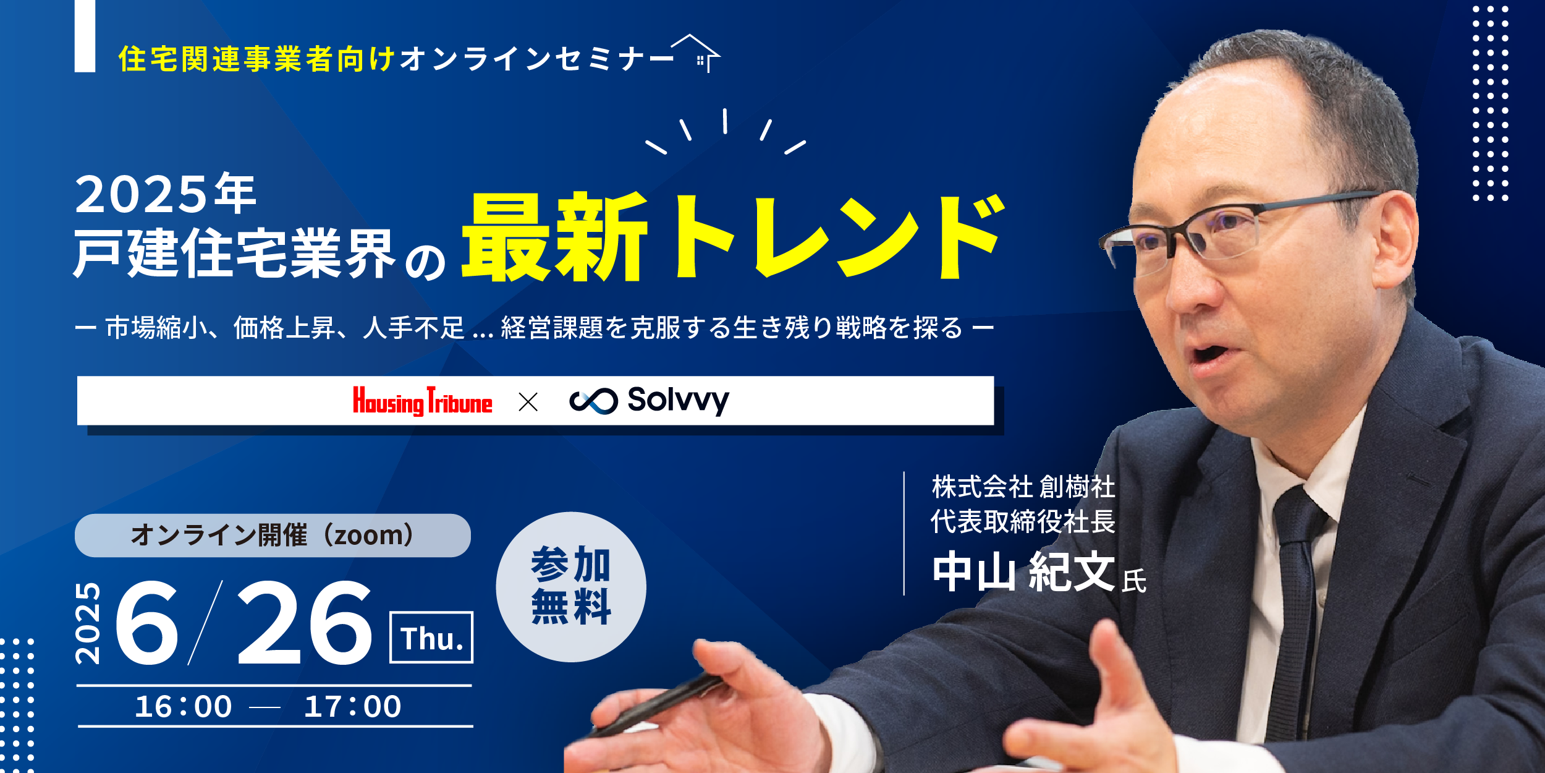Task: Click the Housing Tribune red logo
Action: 423,401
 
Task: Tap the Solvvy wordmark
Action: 679,401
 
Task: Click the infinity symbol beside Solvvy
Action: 593,401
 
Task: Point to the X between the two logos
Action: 528,402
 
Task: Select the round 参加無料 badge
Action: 571,587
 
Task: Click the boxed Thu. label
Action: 431,638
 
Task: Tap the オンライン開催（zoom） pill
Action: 273,536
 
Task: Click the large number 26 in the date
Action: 305,622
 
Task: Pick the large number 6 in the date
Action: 147,622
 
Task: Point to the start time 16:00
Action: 184,707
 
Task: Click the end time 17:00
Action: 353,707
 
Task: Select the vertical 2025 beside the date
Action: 88,623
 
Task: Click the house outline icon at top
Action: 697,53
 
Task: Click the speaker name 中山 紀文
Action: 1023,571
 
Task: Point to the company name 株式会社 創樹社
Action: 1023,487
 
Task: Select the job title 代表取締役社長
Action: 1023,521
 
